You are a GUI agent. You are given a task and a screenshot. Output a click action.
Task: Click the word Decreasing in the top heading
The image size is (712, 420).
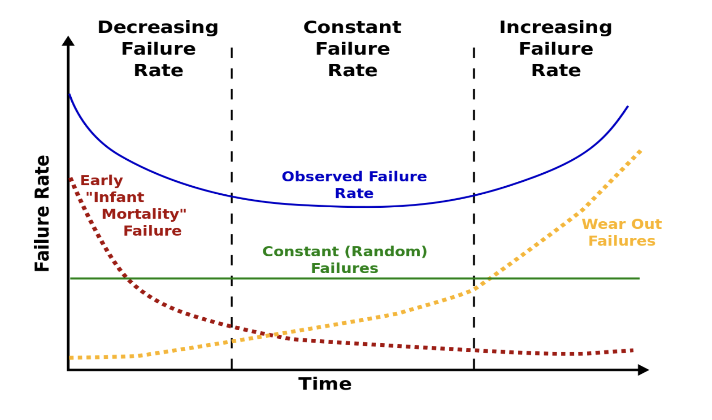pyautogui.click(x=158, y=28)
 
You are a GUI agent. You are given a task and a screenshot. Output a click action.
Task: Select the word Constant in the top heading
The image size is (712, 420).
pyautogui.click(x=352, y=27)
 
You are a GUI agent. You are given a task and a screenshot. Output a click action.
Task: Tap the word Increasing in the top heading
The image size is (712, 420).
pyautogui.click(x=556, y=28)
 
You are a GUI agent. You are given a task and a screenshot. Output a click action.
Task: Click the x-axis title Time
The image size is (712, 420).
pyautogui.click(x=325, y=384)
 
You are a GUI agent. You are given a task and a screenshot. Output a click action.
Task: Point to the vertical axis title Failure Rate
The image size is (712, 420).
pyautogui.click(x=42, y=213)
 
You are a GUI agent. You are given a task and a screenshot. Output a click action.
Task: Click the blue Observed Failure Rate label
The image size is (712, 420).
pyautogui.click(x=354, y=184)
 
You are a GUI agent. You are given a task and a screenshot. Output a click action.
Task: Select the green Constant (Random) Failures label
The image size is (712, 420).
pyautogui.click(x=344, y=259)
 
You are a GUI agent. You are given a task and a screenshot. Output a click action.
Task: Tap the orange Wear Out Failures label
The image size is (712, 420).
pyautogui.click(x=622, y=232)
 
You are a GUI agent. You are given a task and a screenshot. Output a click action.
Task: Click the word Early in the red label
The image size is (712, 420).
pyautogui.click(x=101, y=181)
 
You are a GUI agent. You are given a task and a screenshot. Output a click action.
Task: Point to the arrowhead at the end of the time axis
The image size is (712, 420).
pyautogui.click(x=644, y=370)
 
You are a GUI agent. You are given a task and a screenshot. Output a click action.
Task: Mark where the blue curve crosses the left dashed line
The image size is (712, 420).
pyautogui.click(x=232, y=197)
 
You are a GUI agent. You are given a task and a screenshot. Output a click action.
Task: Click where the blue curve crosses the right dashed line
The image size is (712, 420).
pyautogui.click(x=474, y=196)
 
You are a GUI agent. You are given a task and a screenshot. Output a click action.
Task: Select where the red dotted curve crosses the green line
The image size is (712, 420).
pyautogui.click(x=126, y=278)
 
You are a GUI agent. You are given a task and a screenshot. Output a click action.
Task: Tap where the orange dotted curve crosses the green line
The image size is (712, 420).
pyautogui.click(x=489, y=278)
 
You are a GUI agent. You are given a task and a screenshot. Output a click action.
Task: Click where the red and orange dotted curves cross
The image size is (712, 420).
pyautogui.click(x=268, y=335)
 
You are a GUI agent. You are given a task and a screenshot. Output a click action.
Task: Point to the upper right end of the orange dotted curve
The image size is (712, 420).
pyautogui.click(x=641, y=151)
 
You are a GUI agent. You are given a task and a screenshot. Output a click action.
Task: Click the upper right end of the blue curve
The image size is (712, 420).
pyautogui.click(x=628, y=106)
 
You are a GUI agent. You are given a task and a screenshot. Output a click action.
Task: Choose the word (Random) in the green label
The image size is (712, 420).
pyautogui.click(x=386, y=251)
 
